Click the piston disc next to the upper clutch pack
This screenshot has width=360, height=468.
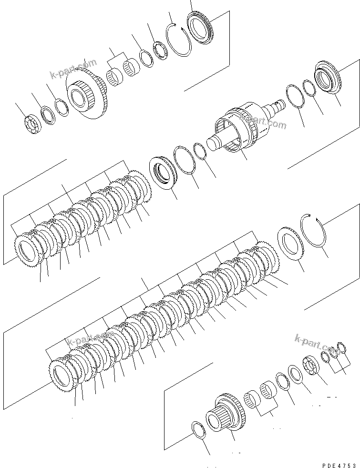(165, 173)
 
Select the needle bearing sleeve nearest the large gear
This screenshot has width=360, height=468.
(114, 76)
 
